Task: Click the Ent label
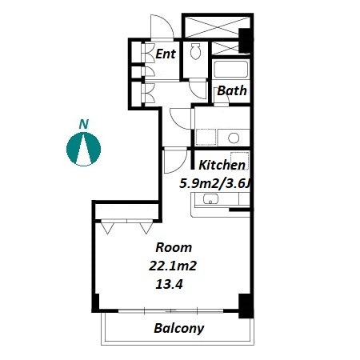pyautogui.click(x=166, y=54)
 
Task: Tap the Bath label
pyautogui.click(x=232, y=90)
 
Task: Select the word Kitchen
pyautogui.click(x=222, y=165)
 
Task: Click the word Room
pyautogui.click(x=174, y=247)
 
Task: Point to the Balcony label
pyautogui.click(x=179, y=328)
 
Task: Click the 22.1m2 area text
pyautogui.click(x=173, y=266)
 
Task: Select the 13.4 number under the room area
pyautogui.click(x=169, y=285)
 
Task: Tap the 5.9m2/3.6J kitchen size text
pyautogui.click(x=215, y=184)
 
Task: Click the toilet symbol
pyautogui.click(x=195, y=51)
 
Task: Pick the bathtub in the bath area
pyautogui.click(x=231, y=69)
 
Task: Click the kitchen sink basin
pyautogui.click(x=210, y=199)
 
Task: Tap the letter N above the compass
pyautogui.click(x=84, y=125)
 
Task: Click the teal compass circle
pyautogui.click(x=83, y=149)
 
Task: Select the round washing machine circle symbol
pyautogui.click(x=234, y=138)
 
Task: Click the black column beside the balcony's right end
pyautogui.click(x=246, y=306)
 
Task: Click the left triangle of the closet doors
pyautogui.click(x=107, y=229)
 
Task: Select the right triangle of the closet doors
pyautogui.click(x=146, y=229)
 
